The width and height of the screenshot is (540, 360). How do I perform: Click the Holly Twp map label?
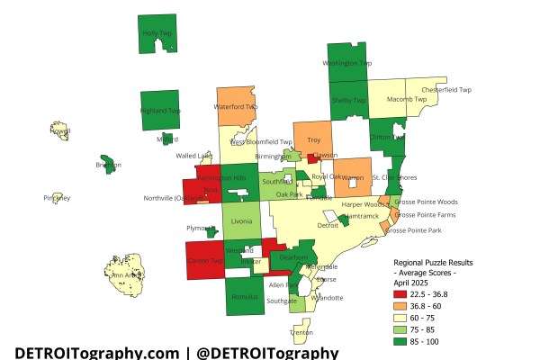(157, 33)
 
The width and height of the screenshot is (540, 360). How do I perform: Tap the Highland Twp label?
(161, 111)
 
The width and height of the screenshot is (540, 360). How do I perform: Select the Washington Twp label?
(347, 64)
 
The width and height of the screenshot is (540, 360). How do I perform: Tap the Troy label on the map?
(313, 140)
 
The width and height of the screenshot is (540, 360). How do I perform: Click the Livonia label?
(242, 220)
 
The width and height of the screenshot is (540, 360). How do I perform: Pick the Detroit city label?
(328, 226)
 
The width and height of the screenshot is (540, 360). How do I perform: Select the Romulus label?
(243, 296)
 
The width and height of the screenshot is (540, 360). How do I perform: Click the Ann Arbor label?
(123, 275)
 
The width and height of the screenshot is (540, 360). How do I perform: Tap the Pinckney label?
(56, 198)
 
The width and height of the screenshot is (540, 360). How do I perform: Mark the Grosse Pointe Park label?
(413, 231)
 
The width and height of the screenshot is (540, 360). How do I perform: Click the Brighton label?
(108, 166)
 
